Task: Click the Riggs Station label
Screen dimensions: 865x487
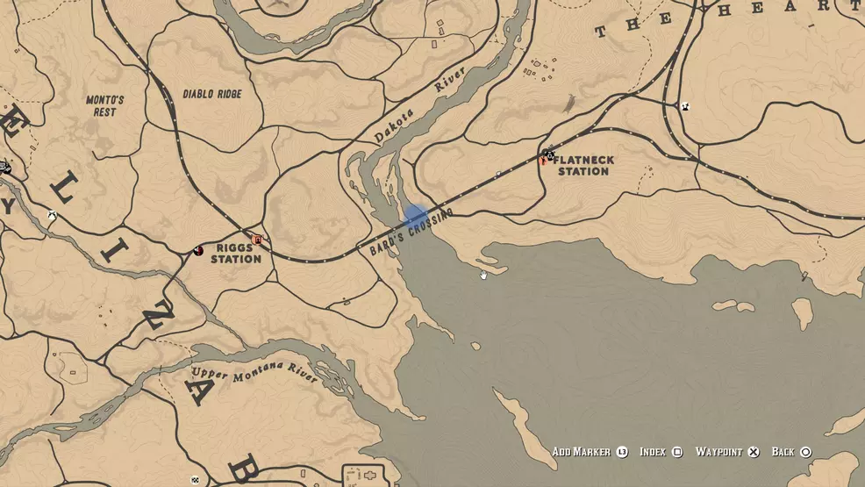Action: click(x=235, y=254)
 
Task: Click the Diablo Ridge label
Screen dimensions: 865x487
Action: click(x=211, y=94)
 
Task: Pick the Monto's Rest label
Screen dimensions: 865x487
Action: click(x=104, y=106)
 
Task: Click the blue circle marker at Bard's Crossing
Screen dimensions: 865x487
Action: click(x=415, y=217)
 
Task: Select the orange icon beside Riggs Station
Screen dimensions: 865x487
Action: click(x=257, y=240)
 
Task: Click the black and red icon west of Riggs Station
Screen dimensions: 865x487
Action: click(x=198, y=251)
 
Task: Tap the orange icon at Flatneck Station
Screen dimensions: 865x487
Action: click(x=543, y=161)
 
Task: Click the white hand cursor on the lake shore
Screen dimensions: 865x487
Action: click(x=483, y=275)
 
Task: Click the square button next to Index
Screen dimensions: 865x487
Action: click(x=677, y=452)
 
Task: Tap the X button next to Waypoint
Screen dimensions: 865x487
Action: click(x=753, y=452)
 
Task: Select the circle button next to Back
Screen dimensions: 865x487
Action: click(x=805, y=452)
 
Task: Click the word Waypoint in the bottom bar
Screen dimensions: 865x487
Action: click(x=718, y=452)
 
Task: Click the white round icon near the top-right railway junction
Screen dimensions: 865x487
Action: click(x=686, y=107)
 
